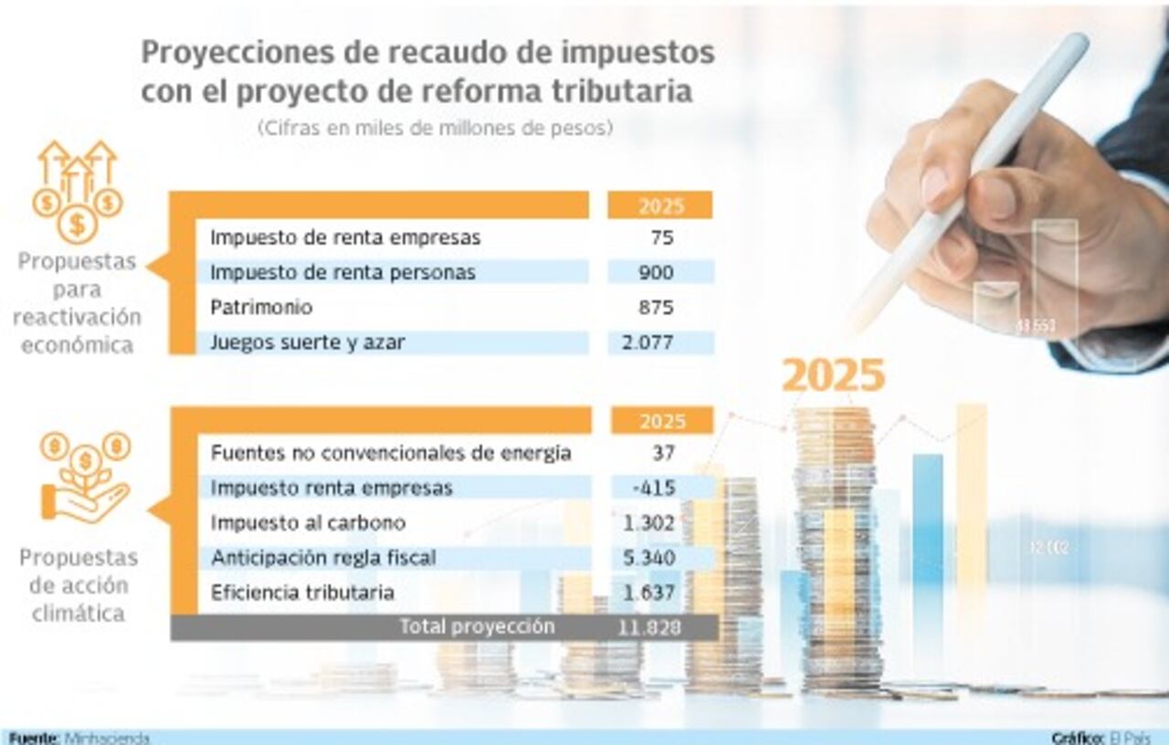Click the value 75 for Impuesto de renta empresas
click(x=663, y=238)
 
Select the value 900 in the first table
click(x=657, y=272)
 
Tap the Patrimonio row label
click(x=261, y=308)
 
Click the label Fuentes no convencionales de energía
click(x=391, y=453)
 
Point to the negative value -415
click(x=654, y=488)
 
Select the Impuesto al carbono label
click(x=308, y=523)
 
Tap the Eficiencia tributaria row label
click(x=302, y=593)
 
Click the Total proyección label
click(x=477, y=627)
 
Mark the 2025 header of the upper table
click(x=661, y=205)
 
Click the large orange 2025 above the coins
click(x=834, y=375)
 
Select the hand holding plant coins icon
click(x=85, y=478)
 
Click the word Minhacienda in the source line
click(x=108, y=738)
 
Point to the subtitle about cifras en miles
click(x=434, y=129)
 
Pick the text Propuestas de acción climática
click(x=79, y=585)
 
